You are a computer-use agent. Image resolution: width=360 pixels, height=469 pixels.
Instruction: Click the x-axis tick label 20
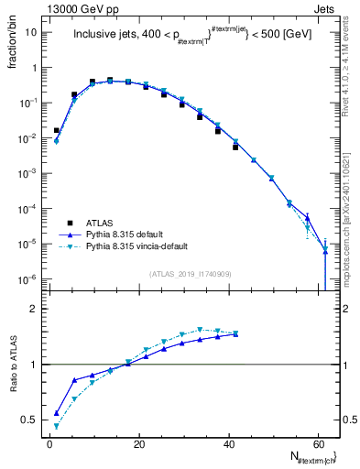coord(139,443)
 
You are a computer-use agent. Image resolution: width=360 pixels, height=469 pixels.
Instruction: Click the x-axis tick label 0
coord(49,443)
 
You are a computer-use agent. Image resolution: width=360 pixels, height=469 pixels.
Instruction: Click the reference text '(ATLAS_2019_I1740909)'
coord(190,274)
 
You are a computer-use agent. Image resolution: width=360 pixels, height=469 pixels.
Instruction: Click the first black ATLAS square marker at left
coord(57,131)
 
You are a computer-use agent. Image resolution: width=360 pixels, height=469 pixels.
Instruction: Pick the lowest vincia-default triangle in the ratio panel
coord(57,426)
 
